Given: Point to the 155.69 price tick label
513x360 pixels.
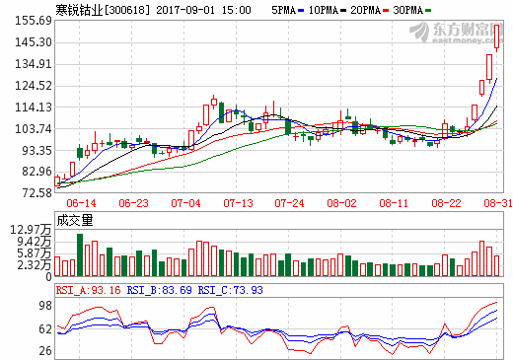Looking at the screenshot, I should tap(33, 20).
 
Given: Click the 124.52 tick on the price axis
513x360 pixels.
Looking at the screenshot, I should tap(33, 85).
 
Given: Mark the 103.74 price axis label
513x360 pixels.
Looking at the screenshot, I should tap(33, 128).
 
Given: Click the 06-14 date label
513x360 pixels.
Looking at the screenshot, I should tap(81, 202).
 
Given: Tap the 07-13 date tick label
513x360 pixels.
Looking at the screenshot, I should tap(238, 202).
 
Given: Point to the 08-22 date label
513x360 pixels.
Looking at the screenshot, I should tap(446, 202).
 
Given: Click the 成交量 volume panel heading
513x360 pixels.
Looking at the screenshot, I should tap(75, 220).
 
